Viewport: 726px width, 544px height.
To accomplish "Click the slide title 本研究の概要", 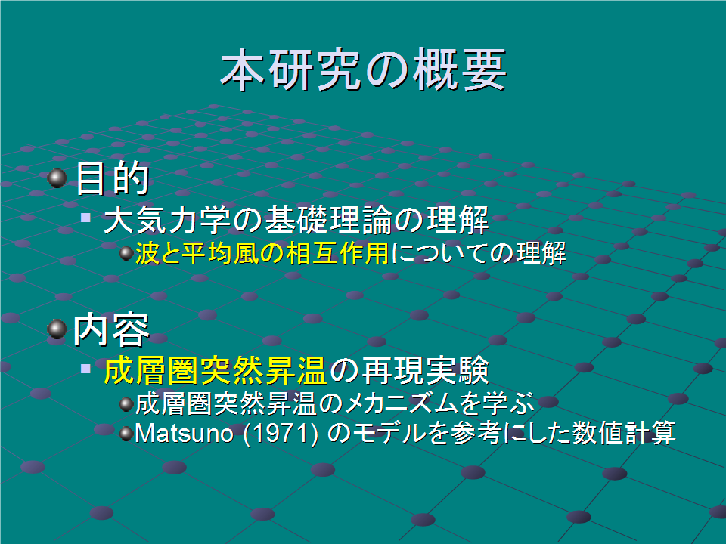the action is [x=364, y=70].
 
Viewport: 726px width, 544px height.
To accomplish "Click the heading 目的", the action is [x=112, y=178].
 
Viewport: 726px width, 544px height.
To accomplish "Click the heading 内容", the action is [x=112, y=330].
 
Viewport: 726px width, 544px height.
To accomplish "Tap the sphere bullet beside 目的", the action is [x=57, y=178].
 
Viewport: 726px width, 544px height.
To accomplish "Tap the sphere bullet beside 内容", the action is [x=57, y=329].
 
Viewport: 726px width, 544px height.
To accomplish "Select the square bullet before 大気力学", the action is [x=85, y=217].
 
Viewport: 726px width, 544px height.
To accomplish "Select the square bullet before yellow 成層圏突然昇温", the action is [x=85, y=368].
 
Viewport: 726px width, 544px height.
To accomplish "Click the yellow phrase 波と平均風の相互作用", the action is [x=262, y=254].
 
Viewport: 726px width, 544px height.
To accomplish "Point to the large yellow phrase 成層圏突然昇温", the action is [x=216, y=370].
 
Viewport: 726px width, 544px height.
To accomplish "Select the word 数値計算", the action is [x=623, y=434].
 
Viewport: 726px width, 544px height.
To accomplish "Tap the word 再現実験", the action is [x=424, y=370].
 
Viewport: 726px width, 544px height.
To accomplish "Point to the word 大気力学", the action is [x=167, y=220].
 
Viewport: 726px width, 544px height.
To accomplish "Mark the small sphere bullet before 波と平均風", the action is [x=126, y=253].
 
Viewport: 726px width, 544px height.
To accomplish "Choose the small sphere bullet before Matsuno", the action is [x=126, y=434].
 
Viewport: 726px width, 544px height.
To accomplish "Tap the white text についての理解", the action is [x=479, y=254].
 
